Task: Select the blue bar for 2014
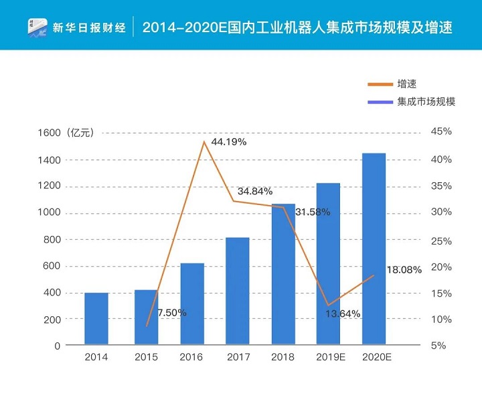(96, 318)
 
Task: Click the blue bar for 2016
(192, 304)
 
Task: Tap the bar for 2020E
(374, 249)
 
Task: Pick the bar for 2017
(237, 291)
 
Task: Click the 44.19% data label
(229, 142)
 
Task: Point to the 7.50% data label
(172, 313)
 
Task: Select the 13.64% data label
(343, 314)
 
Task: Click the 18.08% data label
(404, 270)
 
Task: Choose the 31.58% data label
(312, 212)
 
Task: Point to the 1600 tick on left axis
(50, 133)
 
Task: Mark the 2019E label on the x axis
(328, 358)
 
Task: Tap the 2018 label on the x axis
(283, 358)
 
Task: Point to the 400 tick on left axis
(52, 293)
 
